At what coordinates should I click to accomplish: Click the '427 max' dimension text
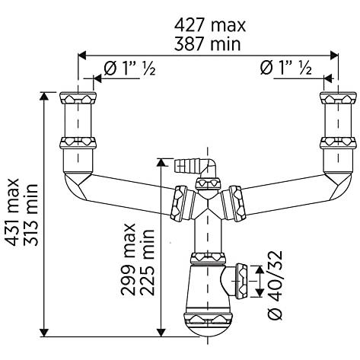[210, 25]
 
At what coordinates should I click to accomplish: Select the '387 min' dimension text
[207, 44]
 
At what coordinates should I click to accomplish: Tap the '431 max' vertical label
[13, 212]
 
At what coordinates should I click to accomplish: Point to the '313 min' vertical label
[31, 215]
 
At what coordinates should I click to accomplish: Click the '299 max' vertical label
[128, 260]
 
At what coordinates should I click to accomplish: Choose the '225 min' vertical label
[147, 263]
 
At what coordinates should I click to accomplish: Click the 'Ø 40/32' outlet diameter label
[275, 285]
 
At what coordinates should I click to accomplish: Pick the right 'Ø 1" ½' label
[286, 68]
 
